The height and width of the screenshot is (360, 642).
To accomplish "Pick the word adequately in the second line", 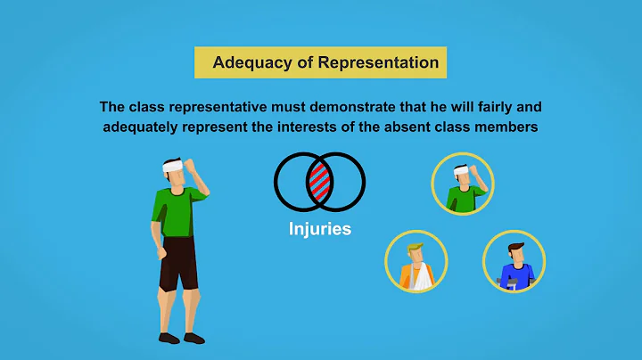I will [144, 127].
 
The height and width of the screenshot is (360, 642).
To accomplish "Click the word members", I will [506, 127].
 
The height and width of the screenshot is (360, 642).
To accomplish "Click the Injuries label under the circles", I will [319, 229].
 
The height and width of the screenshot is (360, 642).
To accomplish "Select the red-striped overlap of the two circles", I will [319, 182].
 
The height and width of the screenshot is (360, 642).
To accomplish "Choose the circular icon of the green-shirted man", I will [462, 184].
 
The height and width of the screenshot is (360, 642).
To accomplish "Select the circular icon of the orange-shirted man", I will [416, 261].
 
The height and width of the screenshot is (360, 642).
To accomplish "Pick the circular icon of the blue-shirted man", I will [514, 262].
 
